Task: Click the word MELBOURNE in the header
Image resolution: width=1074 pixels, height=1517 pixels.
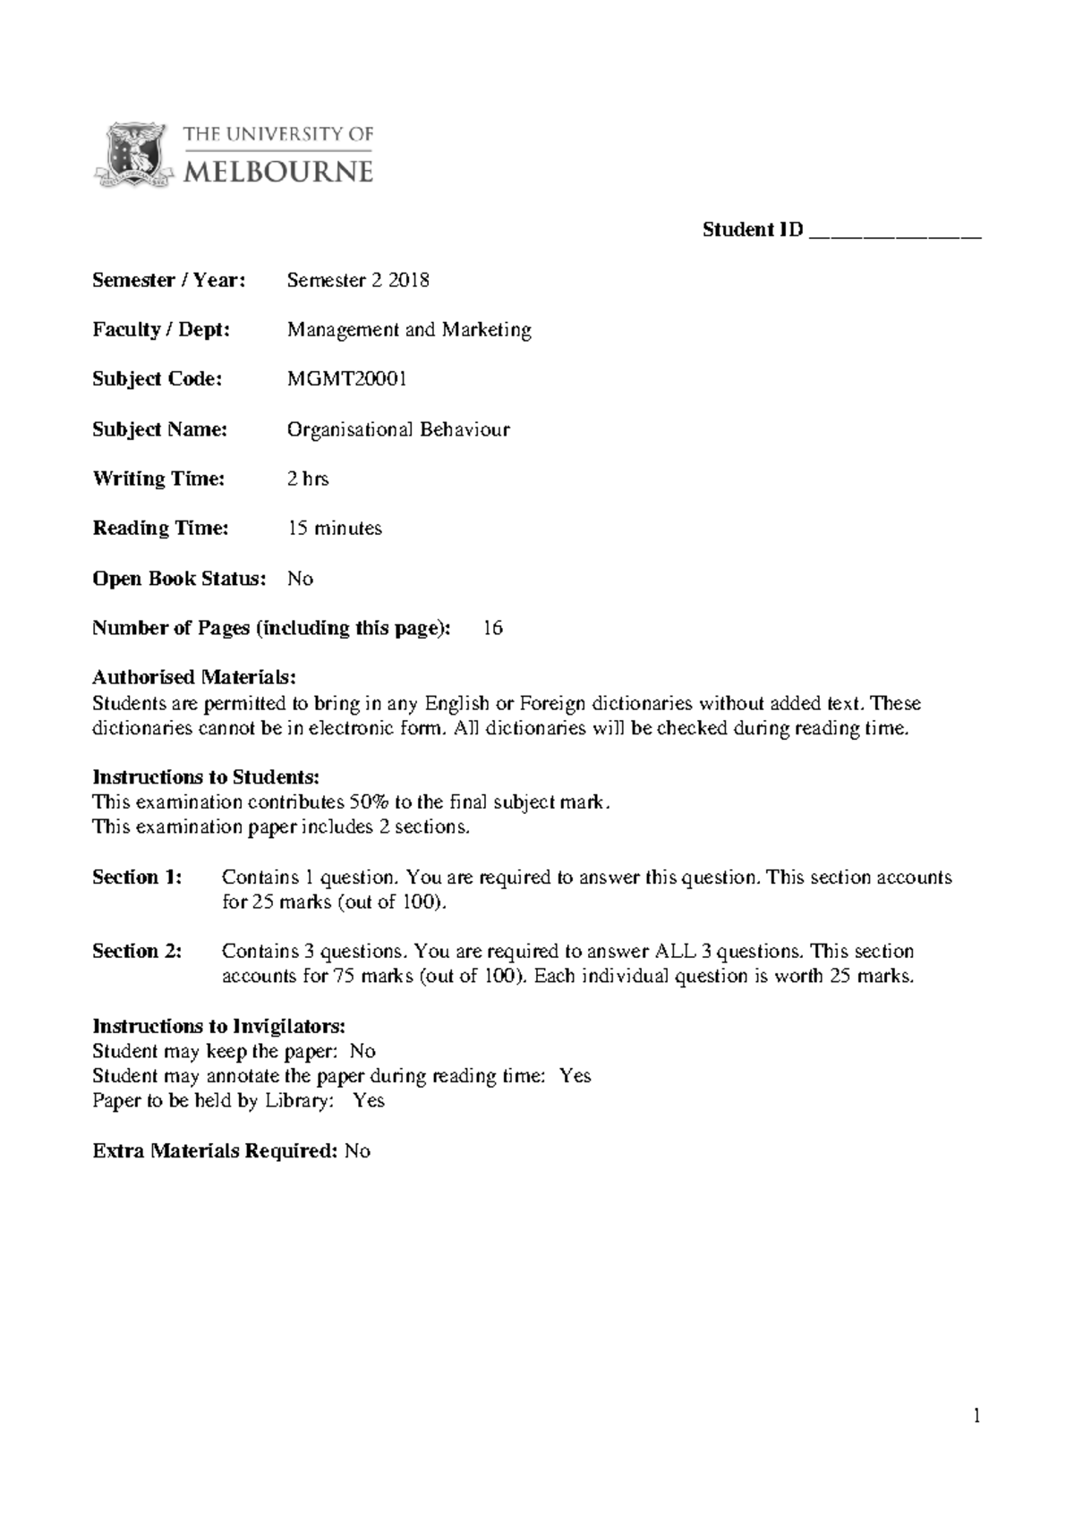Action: click(x=277, y=172)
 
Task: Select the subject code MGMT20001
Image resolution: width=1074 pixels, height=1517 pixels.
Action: click(x=347, y=379)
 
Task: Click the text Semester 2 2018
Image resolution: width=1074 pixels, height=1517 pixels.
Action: click(x=358, y=280)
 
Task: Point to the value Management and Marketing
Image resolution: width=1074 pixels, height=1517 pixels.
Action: click(x=409, y=330)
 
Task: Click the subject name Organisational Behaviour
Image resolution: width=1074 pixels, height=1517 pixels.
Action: click(x=398, y=429)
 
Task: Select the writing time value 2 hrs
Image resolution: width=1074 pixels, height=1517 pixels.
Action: click(x=308, y=479)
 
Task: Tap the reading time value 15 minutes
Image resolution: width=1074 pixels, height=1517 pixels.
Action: click(x=335, y=529)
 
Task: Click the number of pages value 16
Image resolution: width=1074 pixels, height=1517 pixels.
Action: click(x=493, y=628)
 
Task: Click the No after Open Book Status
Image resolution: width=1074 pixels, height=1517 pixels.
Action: click(x=300, y=579)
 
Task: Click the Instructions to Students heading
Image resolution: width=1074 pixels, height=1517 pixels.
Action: click(x=206, y=776)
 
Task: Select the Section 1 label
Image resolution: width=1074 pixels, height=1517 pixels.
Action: click(x=137, y=877)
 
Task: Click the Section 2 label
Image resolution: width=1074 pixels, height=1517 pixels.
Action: click(x=137, y=951)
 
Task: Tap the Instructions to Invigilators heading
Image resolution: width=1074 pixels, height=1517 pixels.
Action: click(x=218, y=1025)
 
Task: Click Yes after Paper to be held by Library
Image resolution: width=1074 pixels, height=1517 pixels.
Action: click(x=369, y=1100)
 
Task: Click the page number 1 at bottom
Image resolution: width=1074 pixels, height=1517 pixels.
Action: click(x=977, y=1416)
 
